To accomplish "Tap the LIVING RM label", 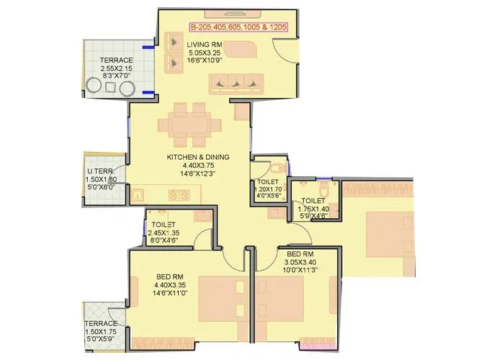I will [x=204, y=45].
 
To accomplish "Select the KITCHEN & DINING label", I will [x=197, y=156].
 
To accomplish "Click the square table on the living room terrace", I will [x=110, y=87].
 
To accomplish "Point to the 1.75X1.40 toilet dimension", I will [x=312, y=209].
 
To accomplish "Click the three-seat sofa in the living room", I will [x=236, y=83].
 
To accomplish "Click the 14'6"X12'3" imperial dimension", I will [x=197, y=174].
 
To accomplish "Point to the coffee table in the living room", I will [x=245, y=50].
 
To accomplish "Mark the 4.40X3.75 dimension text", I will [x=197, y=166].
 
